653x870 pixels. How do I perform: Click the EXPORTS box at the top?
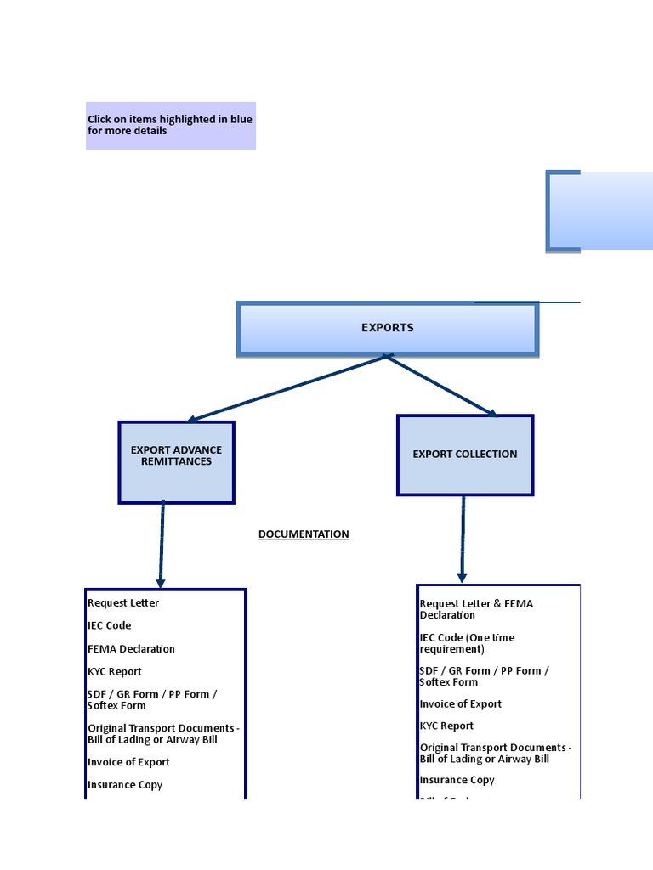pos(388,328)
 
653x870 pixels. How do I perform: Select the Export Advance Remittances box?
pos(176,462)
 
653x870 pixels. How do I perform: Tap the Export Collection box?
pos(464,455)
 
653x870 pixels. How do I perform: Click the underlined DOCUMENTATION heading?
pos(304,534)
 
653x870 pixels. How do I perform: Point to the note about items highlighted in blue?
pos(170,125)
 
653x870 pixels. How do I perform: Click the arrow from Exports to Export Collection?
pos(441,387)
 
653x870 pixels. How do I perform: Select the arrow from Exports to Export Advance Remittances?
pos(287,388)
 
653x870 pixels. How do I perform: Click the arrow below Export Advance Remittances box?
pos(162,544)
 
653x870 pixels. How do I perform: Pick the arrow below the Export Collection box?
pos(463,539)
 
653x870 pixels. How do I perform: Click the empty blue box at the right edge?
pos(600,211)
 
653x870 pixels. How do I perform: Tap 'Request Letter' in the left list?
pos(123,603)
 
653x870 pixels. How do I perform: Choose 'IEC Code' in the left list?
pos(110,626)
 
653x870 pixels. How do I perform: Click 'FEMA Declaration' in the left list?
pos(131,649)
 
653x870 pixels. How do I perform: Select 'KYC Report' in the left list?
pos(115,672)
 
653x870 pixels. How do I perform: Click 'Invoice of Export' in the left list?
pos(128,763)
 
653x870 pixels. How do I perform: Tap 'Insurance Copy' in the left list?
pos(125,786)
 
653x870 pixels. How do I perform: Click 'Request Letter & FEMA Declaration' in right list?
pos(476,609)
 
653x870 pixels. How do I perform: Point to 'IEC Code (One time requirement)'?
pos(467,643)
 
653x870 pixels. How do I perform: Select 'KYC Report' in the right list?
pos(446,726)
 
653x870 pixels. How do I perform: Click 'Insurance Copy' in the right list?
pos(457,780)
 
